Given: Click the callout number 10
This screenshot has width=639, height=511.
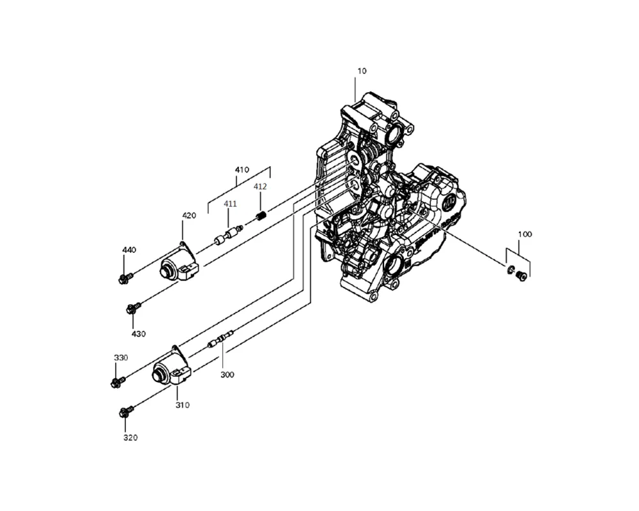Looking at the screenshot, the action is click(362, 72).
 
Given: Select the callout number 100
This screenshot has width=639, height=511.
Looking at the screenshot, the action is click(525, 234).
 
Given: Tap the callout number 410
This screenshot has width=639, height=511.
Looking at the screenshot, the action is click(242, 169).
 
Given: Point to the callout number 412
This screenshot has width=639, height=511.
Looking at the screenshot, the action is click(260, 187).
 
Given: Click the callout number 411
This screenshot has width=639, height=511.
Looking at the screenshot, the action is click(230, 204).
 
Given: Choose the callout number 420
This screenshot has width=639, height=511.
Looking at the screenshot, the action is click(189, 215).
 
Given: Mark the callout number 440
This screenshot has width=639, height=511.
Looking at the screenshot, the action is click(129, 250).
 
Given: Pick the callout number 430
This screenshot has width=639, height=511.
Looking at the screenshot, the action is click(139, 334).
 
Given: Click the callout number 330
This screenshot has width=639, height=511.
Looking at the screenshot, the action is click(121, 358).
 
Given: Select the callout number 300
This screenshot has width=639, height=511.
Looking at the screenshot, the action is click(227, 374).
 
